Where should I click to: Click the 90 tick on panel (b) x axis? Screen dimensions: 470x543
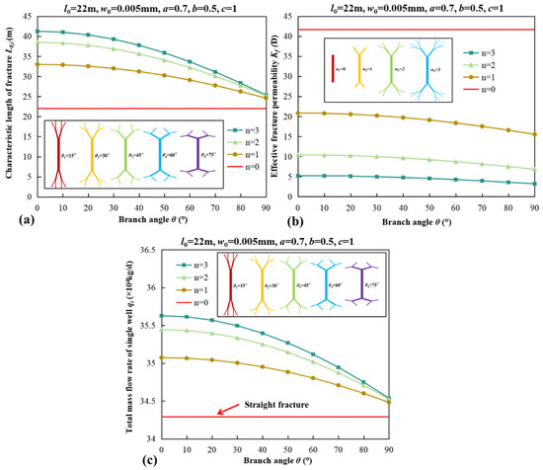click(x=534, y=205)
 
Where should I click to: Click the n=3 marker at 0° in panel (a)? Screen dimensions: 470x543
click(x=37, y=32)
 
